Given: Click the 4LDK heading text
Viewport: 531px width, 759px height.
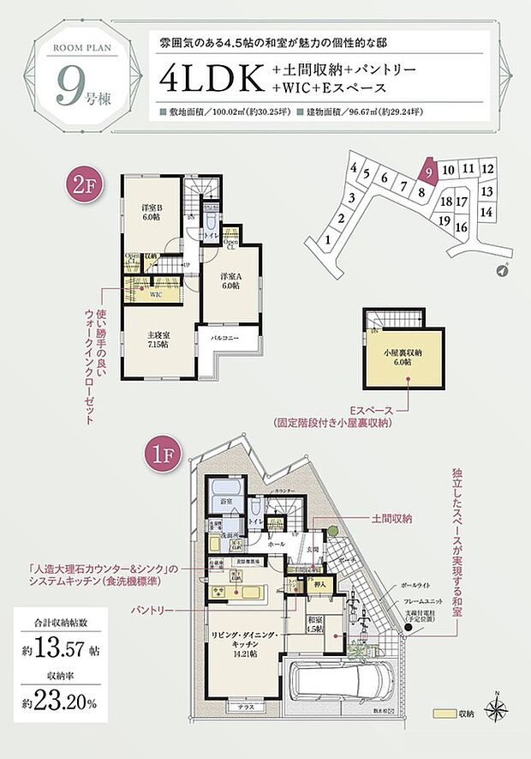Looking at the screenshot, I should coord(209,77).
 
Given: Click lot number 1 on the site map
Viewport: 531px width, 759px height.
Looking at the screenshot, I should coord(330,242).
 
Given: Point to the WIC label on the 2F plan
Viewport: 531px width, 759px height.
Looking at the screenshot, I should coord(156,294).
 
